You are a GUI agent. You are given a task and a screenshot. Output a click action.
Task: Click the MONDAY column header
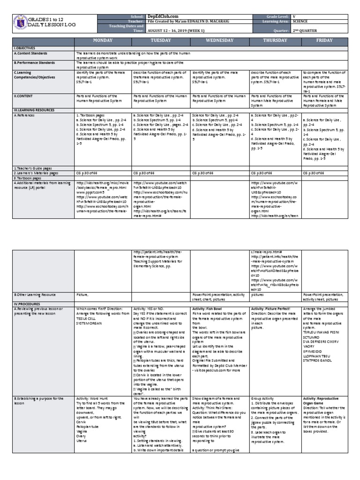103,41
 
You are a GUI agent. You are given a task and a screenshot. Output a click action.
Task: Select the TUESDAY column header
161,41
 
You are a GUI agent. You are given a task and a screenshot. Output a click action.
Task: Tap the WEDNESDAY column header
220,41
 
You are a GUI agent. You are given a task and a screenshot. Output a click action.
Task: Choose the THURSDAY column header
276,41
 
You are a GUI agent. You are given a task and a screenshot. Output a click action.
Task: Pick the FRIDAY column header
324,41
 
